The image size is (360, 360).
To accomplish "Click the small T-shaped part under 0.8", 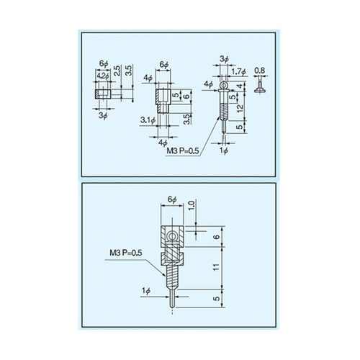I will click(258, 88).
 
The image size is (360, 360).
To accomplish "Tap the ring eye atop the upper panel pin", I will click(225, 85).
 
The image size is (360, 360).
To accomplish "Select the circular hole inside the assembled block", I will click(171, 237).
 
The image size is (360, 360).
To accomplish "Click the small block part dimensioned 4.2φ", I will click(102, 92).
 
